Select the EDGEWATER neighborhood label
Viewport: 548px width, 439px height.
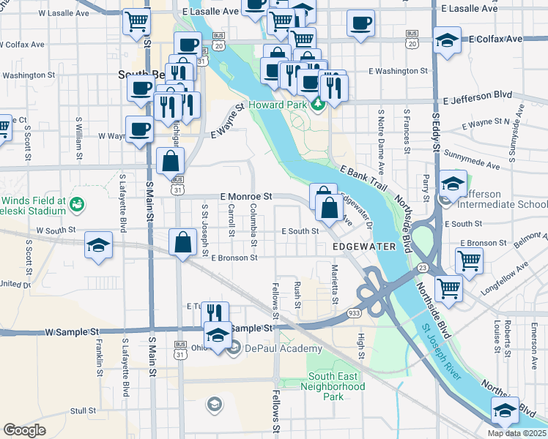[364, 247]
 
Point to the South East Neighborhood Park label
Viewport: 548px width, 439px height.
[333, 386]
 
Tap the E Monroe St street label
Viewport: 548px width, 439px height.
[246, 197]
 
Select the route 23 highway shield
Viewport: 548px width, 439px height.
[422, 269]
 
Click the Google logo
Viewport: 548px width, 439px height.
[24, 430]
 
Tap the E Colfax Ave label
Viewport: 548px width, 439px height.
[495, 38]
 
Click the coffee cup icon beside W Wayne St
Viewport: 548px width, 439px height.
[138, 130]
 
